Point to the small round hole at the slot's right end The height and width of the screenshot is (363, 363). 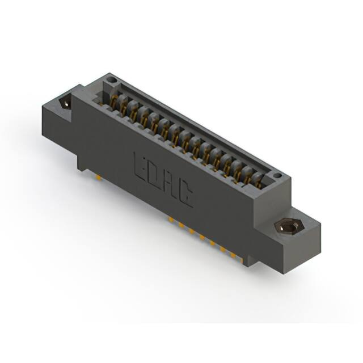pos(276,175)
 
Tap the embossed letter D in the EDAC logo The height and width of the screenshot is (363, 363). pos(155,176)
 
